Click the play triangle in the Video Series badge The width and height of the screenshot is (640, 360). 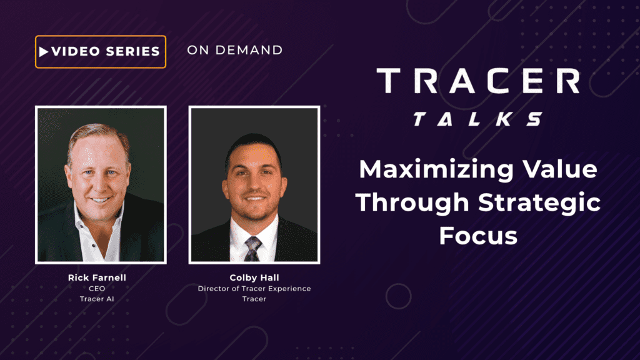pos(44,52)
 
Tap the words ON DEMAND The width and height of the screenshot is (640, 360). pos(235,50)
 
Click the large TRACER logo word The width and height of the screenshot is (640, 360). pos(478,81)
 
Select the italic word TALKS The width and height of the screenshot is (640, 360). pos(478,119)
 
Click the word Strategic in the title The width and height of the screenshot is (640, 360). pos(539,203)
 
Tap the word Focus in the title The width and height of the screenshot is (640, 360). pos(478,236)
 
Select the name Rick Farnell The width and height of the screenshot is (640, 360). pos(97,277)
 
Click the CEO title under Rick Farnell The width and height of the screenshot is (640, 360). pos(97,289)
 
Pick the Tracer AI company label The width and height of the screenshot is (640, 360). pos(97,299)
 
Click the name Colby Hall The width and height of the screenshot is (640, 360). pos(254,277)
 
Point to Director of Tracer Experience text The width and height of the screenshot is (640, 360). pos(254,289)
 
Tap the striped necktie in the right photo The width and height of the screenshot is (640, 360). pos(252,249)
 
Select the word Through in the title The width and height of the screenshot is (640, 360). pos(412,203)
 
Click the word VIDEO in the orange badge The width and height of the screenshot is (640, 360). pos(76,51)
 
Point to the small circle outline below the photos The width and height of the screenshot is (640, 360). pos(398,296)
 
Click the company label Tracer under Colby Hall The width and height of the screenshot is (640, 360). pos(254,299)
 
